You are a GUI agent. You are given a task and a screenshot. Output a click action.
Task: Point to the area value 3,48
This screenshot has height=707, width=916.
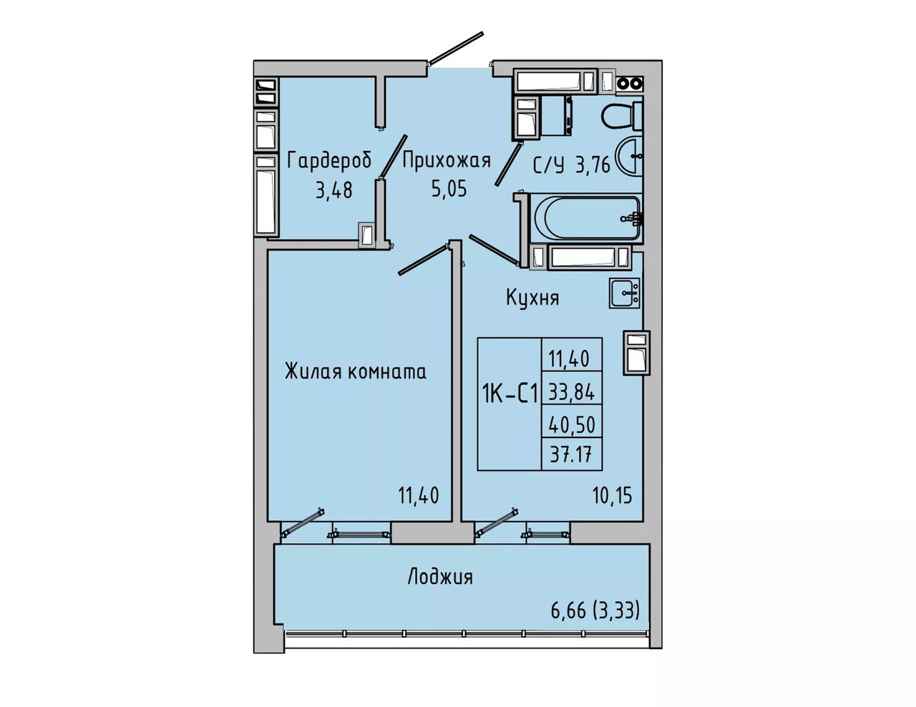click(x=334, y=191)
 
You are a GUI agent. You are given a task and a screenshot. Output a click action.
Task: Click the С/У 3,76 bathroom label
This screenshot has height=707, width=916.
click(x=572, y=165)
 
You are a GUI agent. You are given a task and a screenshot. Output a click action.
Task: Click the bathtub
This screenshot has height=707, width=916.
click(x=586, y=219)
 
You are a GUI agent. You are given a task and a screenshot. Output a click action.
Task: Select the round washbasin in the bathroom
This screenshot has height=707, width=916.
click(x=629, y=156)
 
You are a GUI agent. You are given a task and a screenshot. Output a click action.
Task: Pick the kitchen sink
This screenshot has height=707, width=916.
click(x=624, y=293)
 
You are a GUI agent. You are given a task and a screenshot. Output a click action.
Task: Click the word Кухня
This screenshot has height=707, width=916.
click(x=532, y=298)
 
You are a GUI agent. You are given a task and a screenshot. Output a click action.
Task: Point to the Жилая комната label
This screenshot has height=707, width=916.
click(x=356, y=372)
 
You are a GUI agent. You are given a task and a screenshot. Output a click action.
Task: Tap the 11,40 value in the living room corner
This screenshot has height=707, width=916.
click(x=419, y=495)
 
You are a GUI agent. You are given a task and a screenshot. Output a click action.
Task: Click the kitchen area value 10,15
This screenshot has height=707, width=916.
click(x=613, y=496)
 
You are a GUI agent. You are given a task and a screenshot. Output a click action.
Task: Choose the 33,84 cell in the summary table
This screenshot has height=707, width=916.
click(x=572, y=393)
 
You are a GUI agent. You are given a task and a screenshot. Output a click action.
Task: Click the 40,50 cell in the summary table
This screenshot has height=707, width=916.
click(x=572, y=426)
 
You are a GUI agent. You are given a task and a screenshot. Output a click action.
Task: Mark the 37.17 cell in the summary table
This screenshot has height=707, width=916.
click(x=572, y=455)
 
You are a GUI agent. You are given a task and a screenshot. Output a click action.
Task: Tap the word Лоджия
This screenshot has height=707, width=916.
click(x=440, y=577)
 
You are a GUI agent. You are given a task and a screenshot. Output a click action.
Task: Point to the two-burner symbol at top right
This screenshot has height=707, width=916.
click(x=630, y=84)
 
